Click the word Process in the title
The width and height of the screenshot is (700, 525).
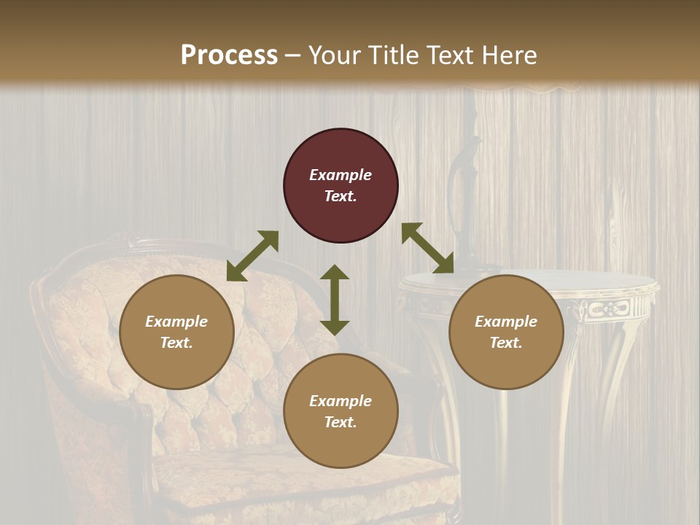coord(229,55)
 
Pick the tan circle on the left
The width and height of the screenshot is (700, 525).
coord(176,332)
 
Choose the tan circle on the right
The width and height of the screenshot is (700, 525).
coord(506,332)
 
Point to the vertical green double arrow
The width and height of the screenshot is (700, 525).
coord(335,300)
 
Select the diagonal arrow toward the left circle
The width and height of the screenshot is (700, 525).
coord(252,256)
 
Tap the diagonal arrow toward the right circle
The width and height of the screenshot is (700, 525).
coord(428,248)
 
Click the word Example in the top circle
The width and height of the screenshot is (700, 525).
coord(341,175)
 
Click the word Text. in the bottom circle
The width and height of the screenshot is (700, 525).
coord(341,422)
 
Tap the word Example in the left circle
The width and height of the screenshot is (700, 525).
coord(176,322)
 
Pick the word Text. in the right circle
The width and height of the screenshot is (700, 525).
coord(506,343)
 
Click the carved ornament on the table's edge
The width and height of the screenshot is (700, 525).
coord(604,309)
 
